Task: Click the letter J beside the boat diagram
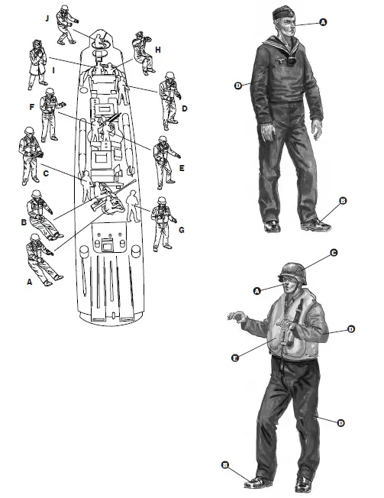click(47, 15)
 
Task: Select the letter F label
click(32, 108)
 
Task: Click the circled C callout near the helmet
click(334, 252)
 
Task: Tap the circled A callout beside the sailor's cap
click(323, 23)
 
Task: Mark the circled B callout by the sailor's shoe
click(343, 200)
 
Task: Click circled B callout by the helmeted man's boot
click(224, 464)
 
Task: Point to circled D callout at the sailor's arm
click(239, 86)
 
